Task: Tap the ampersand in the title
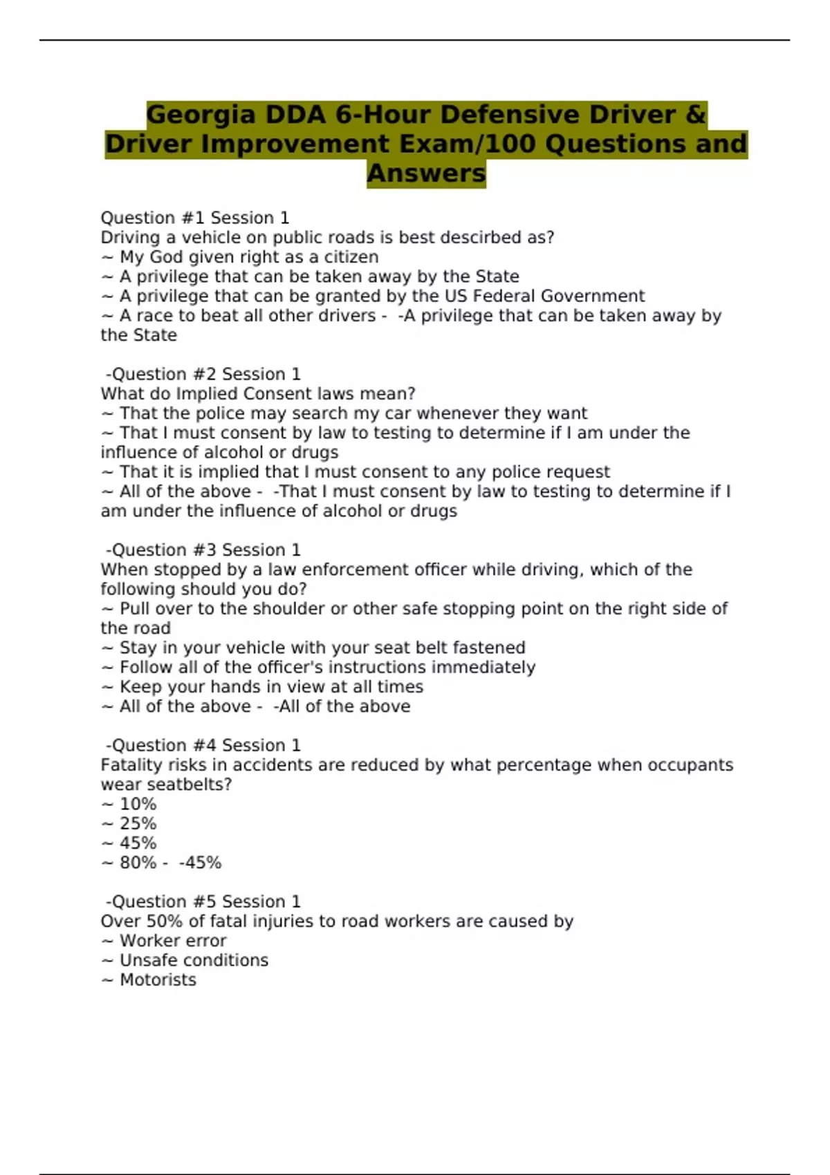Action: coord(696,115)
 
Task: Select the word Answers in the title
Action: coord(426,173)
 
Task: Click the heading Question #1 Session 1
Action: coord(195,218)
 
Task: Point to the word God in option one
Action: coord(166,257)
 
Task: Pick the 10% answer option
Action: coord(138,804)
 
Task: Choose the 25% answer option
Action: coord(138,824)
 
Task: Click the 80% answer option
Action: coord(138,863)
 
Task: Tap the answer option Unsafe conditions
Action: coord(194,960)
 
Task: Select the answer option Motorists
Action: coord(158,980)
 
